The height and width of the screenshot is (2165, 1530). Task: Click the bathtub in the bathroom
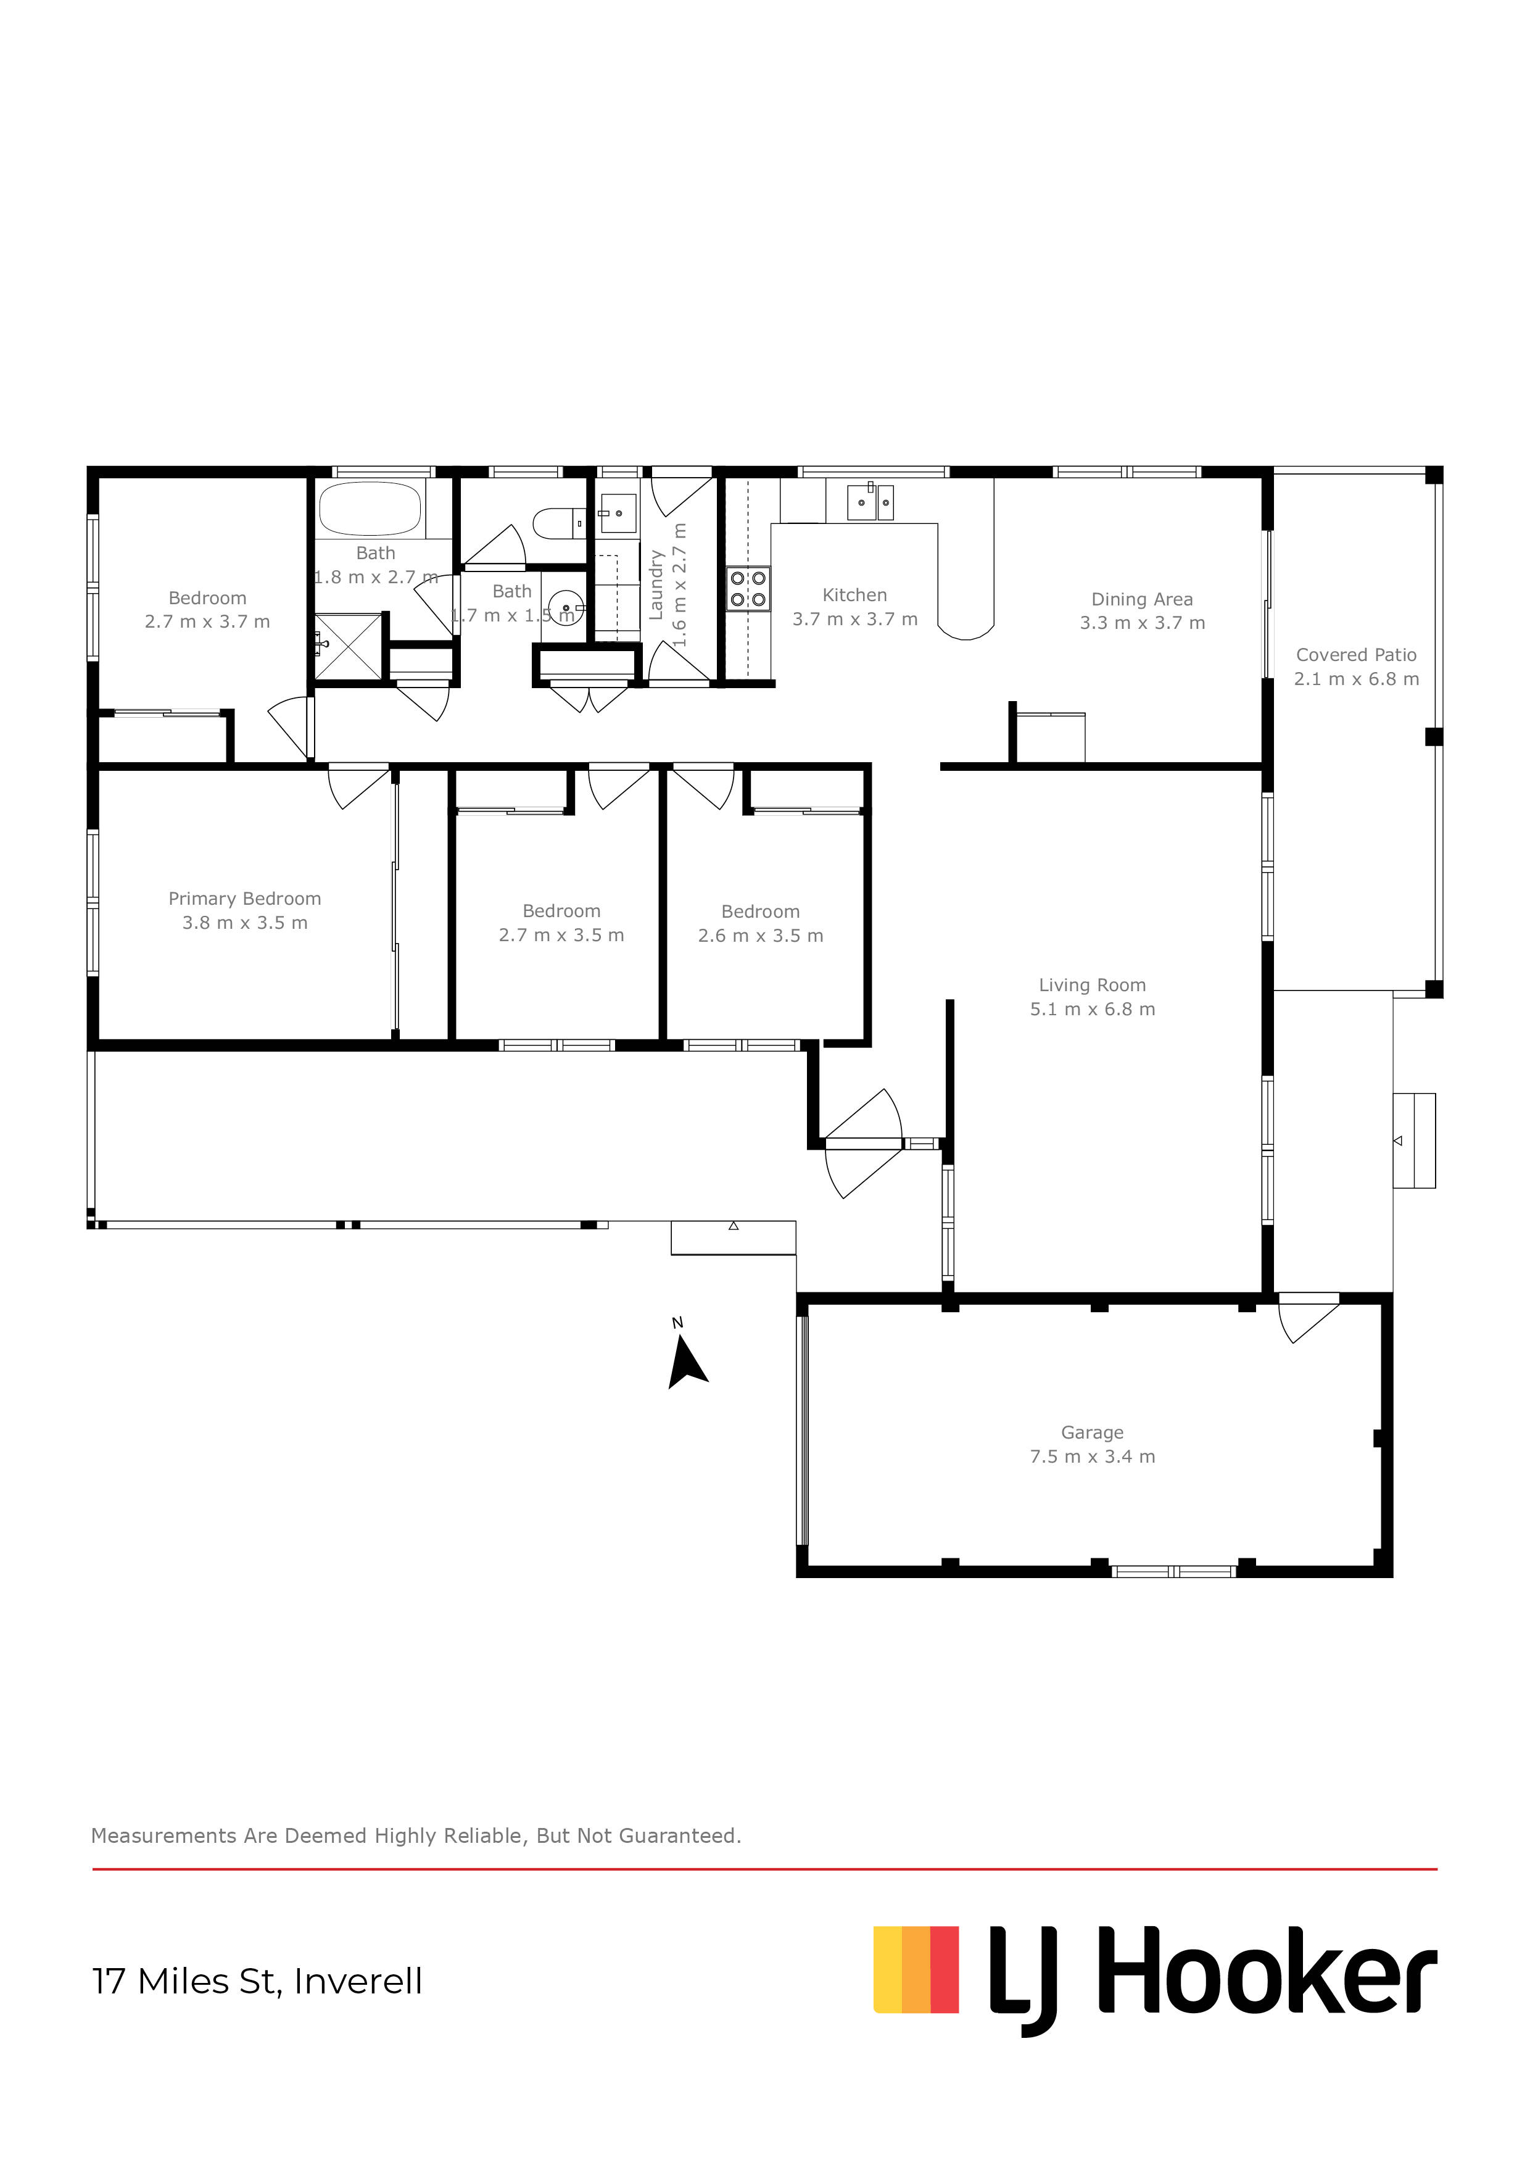(x=370, y=509)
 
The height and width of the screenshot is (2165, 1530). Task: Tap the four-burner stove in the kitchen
(x=748, y=588)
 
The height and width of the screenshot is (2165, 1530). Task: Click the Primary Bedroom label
(x=244, y=899)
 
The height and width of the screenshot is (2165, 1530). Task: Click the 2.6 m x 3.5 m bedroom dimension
(x=760, y=936)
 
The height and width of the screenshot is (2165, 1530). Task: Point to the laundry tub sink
(x=618, y=513)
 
